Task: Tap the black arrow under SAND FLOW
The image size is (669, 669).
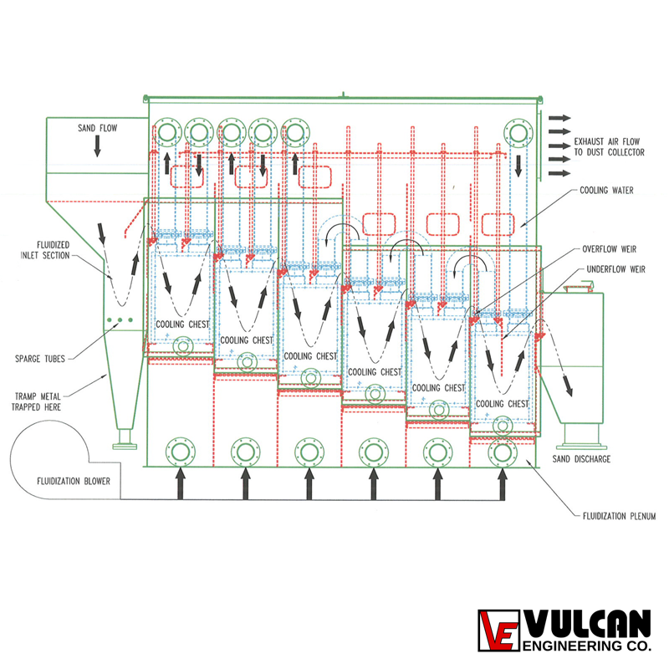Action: [x=97, y=146]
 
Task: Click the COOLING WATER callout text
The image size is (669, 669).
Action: [x=606, y=191]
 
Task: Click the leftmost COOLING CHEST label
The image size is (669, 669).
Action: [x=182, y=324]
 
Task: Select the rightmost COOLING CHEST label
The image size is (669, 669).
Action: [x=503, y=404]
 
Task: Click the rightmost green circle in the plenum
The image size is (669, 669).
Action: [x=503, y=452]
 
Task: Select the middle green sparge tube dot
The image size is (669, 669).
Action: [x=120, y=320]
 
